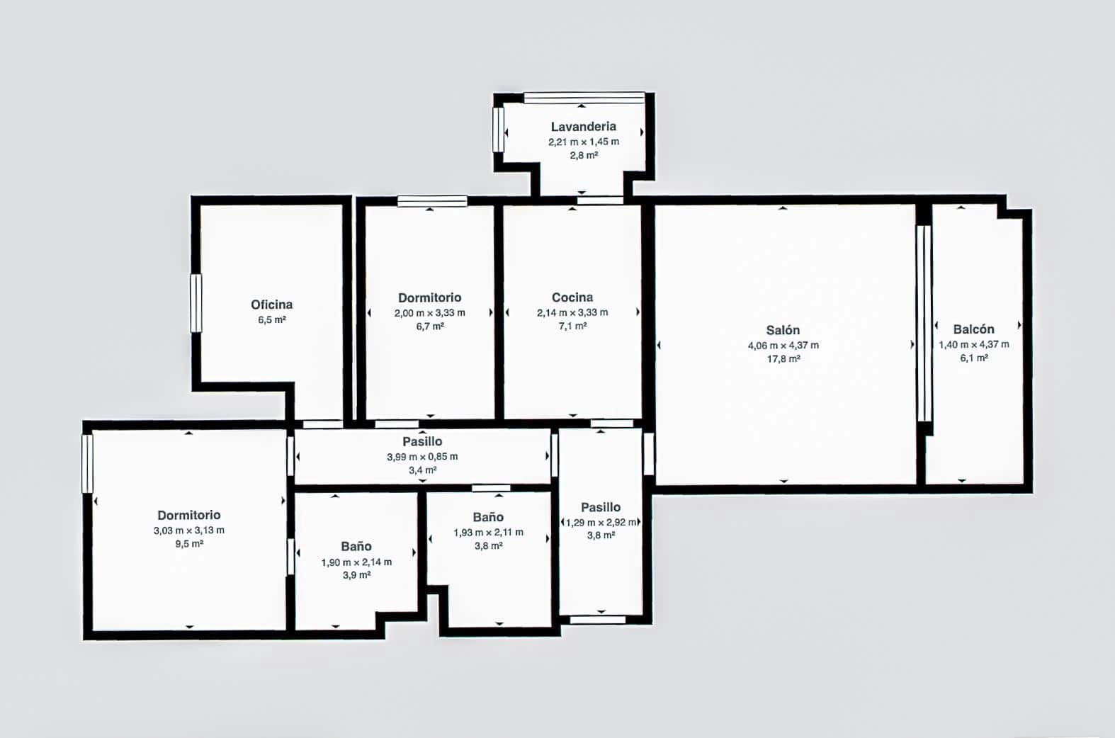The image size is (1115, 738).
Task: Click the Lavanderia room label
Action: (583, 127)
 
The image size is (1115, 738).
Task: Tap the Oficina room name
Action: (271, 305)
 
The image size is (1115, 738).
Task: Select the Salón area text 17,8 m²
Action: (783, 359)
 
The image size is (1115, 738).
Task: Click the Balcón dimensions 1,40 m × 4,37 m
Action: (973, 344)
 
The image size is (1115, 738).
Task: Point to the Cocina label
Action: (572, 297)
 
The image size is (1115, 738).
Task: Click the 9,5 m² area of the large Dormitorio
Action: (189, 544)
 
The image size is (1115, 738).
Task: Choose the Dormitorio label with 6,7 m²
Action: (429, 297)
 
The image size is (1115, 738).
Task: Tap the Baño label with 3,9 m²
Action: (356, 546)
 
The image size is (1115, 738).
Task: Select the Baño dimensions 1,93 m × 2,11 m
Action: (488, 532)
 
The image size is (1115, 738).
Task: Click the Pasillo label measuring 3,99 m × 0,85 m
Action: (422, 441)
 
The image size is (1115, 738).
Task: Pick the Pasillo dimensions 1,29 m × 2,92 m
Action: (601, 522)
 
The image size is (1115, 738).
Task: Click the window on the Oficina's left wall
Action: (196, 303)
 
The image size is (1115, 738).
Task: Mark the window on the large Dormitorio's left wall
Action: (87, 463)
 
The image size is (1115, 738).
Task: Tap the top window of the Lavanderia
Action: (584, 98)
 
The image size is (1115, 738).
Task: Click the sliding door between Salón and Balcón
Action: (923, 323)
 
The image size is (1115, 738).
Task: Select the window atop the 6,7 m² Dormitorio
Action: (431, 201)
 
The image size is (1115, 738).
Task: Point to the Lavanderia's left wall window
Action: (498, 129)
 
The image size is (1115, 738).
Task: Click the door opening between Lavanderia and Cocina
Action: (599, 200)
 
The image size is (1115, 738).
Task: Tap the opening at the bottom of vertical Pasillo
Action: (597, 620)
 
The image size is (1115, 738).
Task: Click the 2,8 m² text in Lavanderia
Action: (583, 155)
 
